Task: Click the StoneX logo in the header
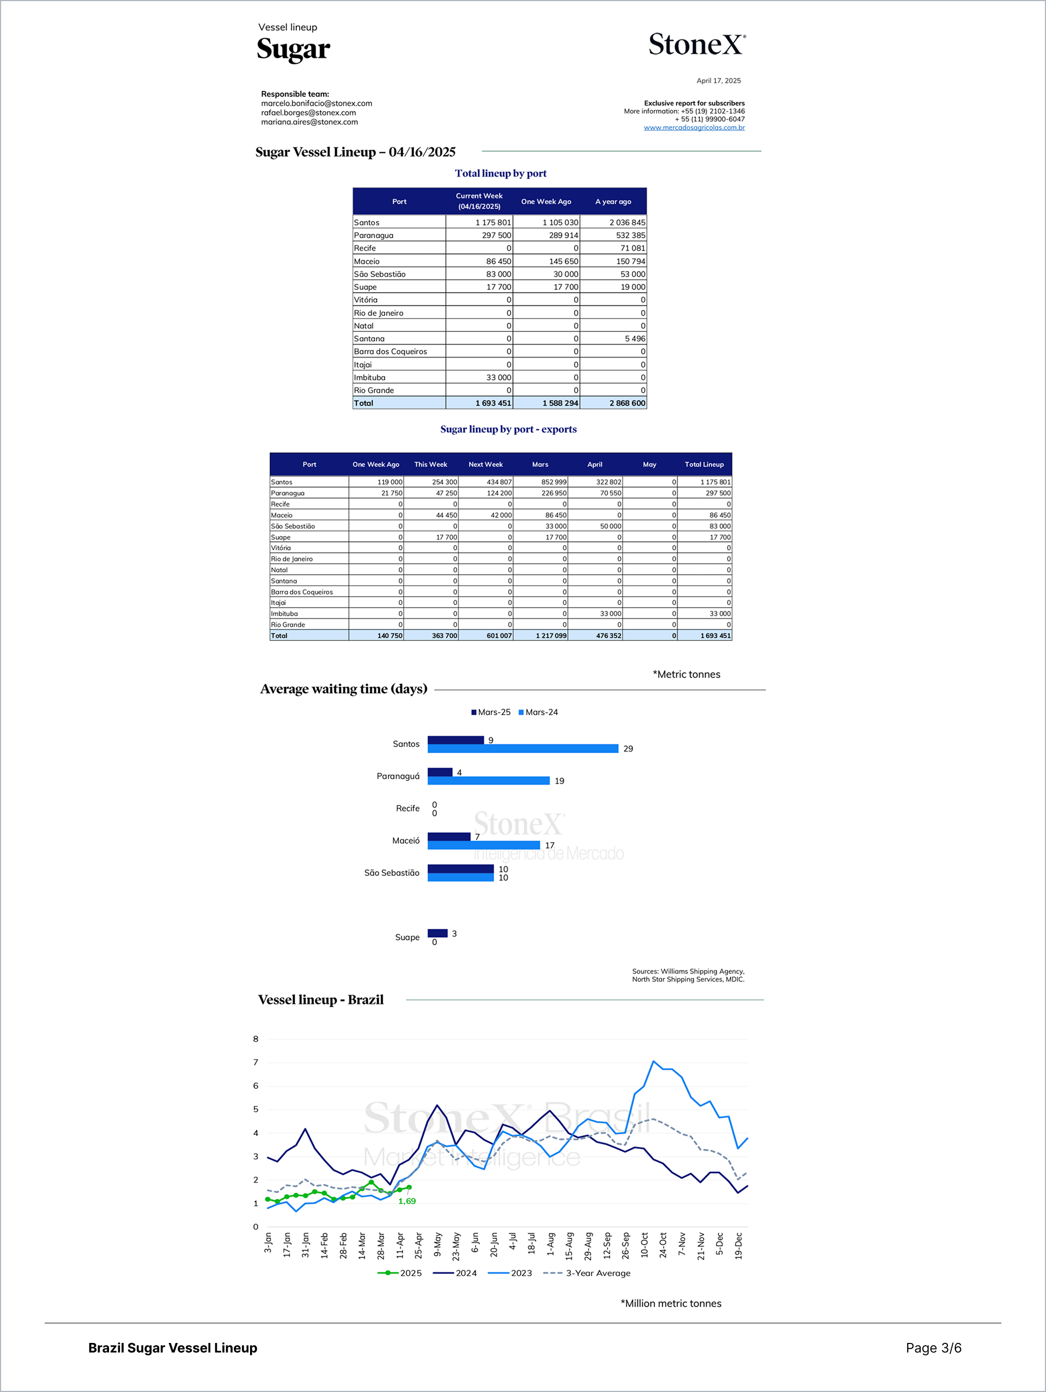click(x=697, y=45)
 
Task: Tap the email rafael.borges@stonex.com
click(x=308, y=113)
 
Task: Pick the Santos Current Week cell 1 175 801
click(x=493, y=223)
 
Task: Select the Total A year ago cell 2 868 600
click(x=627, y=403)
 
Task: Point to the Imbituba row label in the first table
click(x=369, y=378)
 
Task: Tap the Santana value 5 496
click(x=635, y=338)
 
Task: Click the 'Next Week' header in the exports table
click(x=485, y=464)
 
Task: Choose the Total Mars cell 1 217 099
click(x=551, y=636)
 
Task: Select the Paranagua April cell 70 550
click(x=610, y=493)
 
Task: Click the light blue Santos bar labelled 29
click(x=522, y=749)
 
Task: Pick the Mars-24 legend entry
click(x=538, y=712)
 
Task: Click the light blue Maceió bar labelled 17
click(x=484, y=845)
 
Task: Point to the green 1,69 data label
click(x=407, y=1201)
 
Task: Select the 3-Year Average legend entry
click(x=586, y=1273)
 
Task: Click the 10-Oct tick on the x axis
click(x=644, y=1245)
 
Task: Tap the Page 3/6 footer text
click(x=933, y=1348)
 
